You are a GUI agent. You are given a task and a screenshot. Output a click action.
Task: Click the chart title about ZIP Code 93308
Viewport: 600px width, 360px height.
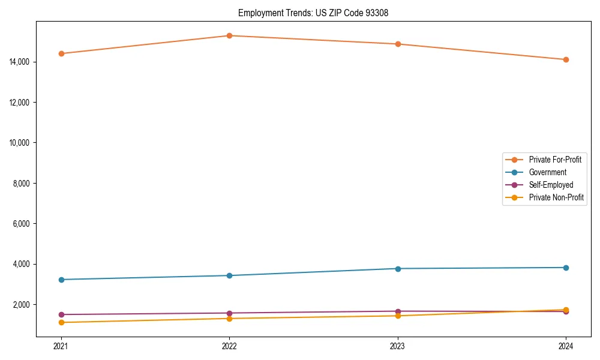point(313,13)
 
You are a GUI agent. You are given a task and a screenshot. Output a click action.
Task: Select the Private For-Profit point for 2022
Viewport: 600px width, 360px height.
point(229,35)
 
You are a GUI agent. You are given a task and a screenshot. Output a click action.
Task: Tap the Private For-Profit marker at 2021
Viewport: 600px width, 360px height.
point(61,53)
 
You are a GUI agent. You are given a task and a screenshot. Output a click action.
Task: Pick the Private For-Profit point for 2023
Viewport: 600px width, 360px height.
point(398,44)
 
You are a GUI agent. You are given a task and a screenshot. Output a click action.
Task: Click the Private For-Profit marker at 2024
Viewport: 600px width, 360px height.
point(566,59)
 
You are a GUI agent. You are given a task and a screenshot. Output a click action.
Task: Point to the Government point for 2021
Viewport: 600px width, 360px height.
point(61,280)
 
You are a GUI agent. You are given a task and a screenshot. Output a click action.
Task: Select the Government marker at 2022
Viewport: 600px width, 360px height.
point(229,275)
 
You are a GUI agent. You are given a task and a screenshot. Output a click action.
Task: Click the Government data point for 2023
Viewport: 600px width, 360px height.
point(398,268)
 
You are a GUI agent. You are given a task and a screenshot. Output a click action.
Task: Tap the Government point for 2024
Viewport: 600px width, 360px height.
point(566,268)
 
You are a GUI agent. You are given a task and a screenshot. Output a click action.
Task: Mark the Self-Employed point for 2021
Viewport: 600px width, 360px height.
point(61,314)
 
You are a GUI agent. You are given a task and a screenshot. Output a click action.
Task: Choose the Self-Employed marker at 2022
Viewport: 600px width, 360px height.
point(229,313)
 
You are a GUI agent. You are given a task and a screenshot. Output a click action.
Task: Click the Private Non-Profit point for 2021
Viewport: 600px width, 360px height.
point(61,323)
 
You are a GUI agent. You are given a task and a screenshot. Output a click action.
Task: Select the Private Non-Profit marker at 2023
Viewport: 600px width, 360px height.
point(398,316)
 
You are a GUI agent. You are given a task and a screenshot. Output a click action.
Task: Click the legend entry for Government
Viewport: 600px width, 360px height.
point(547,172)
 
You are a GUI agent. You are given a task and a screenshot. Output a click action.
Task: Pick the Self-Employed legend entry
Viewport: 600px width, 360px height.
point(551,185)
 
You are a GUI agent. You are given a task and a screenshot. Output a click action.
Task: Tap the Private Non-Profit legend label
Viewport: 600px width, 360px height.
point(556,197)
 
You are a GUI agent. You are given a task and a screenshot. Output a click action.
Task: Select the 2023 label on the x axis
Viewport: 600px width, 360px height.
point(398,346)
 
